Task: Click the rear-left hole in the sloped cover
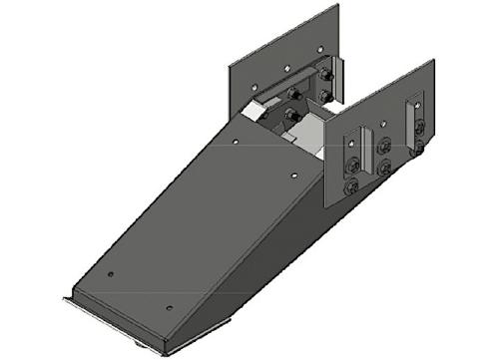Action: [236, 143]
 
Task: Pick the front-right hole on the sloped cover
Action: [169, 308]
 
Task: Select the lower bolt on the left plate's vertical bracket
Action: [325, 96]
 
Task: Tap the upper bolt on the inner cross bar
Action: [293, 95]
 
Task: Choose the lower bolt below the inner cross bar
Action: [291, 118]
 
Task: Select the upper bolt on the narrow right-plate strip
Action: [419, 125]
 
